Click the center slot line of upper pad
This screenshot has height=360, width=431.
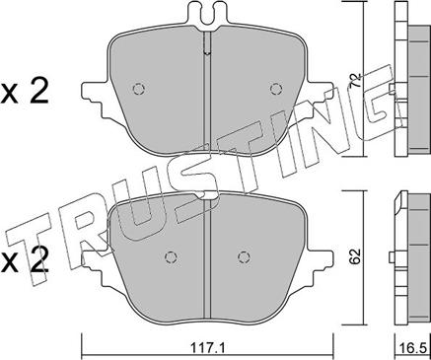[x=205, y=99]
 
